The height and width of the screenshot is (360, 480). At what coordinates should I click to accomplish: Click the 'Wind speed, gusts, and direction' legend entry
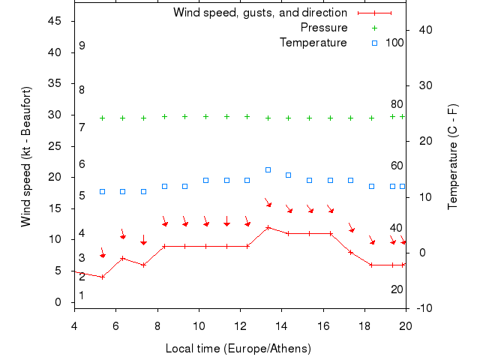[259, 13]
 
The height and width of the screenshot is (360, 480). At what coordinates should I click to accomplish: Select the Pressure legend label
[324, 28]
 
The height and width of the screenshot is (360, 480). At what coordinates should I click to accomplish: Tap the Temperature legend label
[313, 43]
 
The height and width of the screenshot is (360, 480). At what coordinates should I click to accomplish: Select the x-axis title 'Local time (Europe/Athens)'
[238, 349]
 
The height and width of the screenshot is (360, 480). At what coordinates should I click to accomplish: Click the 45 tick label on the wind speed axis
[54, 21]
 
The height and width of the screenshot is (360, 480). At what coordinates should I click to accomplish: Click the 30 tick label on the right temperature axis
[422, 85]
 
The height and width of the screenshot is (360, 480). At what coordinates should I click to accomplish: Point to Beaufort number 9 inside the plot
[82, 46]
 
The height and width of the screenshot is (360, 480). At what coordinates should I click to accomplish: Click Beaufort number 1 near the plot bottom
[82, 295]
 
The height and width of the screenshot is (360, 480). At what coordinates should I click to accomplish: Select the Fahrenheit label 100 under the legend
[394, 43]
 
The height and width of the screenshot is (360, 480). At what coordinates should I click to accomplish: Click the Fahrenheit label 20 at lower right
[397, 289]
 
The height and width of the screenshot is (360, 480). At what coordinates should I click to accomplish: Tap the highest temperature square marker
[268, 169]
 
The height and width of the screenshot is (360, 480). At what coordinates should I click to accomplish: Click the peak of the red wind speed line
[268, 227]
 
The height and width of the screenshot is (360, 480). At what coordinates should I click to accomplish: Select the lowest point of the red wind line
[102, 277]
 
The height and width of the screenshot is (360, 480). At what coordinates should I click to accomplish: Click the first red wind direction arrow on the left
[103, 254]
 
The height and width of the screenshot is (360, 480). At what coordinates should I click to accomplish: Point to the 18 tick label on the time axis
[364, 325]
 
